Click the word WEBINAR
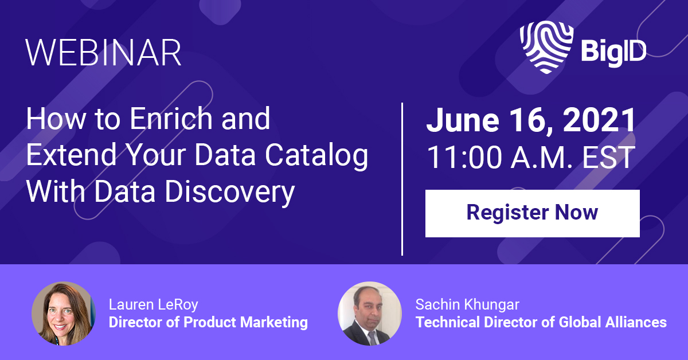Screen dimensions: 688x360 tap(103, 53)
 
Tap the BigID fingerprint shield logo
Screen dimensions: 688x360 tap(546, 47)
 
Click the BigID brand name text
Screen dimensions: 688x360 tap(613, 52)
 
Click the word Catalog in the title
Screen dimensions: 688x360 tap(316, 155)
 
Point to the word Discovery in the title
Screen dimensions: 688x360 tap(230, 192)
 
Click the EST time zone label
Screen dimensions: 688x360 tap(608, 157)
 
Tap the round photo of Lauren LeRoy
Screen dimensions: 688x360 tap(64, 314)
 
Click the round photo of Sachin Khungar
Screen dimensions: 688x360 tap(370, 314)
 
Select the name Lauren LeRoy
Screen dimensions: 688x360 tap(154, 304)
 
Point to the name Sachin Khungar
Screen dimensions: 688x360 tap(467, 304)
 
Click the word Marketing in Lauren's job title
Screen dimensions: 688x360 tap(274, 322)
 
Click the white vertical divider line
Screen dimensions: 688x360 tap(402, 179)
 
